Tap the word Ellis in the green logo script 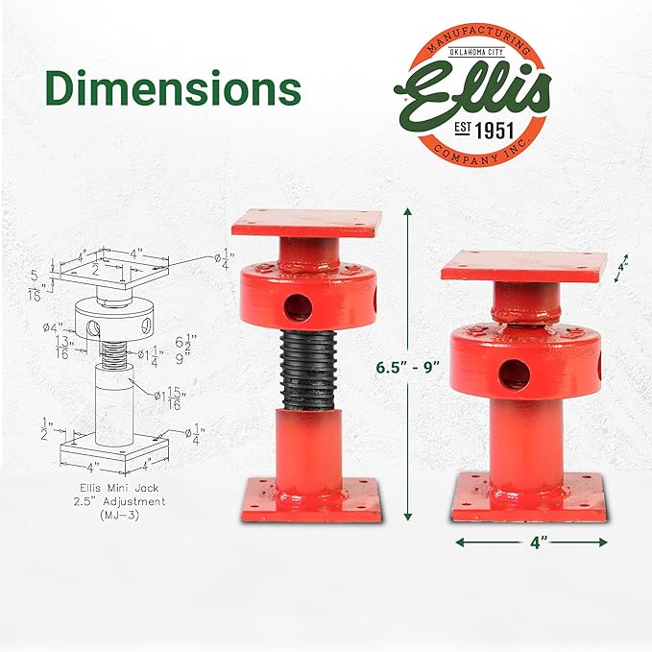click(x=476, y=91)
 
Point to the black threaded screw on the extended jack click(x=307, y=370)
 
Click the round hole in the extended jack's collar click(x=298, y=306)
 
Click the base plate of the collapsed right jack click(x=530, y=495)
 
